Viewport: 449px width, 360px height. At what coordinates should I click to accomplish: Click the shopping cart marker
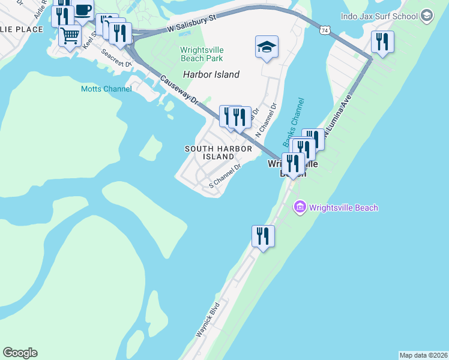tap(70, 35)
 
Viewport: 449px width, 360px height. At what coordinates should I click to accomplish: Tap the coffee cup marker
tap(83, 11)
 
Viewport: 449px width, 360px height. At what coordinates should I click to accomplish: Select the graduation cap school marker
tap(267, 47)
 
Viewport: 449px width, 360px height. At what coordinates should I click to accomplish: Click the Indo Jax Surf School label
tap(379, 16)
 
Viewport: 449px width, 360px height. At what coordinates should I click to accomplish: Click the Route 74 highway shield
tap(324, 30)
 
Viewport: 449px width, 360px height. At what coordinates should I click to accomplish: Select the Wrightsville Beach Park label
tap(202, 54)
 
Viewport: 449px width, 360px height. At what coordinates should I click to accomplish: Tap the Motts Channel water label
tap(106, 89)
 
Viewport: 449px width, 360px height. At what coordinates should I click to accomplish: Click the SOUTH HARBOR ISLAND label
tap(209, 152)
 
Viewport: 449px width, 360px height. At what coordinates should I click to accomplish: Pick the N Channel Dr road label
tap(267, 118)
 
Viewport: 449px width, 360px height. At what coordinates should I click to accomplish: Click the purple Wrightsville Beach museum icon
tap(299, 208)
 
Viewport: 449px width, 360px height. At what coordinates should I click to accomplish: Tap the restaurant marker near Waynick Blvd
tap(263, 236)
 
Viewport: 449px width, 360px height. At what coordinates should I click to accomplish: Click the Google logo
tap(20, 353)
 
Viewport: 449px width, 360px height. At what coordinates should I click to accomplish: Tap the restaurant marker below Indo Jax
tap(382, 42)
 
